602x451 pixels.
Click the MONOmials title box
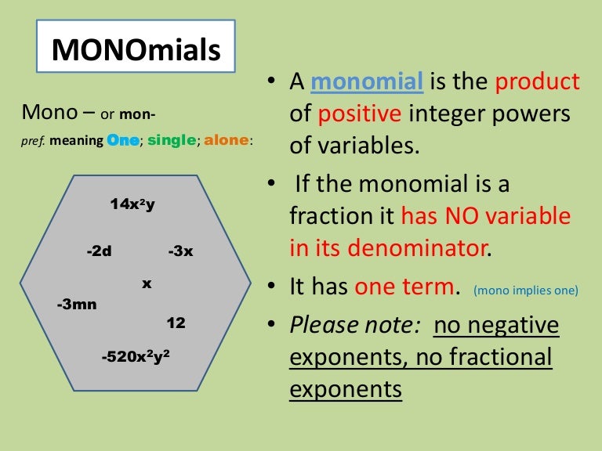[x=136, y=50]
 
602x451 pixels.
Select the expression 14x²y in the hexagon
[x=132, y=204]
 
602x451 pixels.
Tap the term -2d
[x=99, y=251]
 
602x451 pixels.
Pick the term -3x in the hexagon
[x=180, y=251]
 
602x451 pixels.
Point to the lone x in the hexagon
[x=147, y=283]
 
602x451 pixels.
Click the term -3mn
[x=77, y=304]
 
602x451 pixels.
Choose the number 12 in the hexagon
[x=176, y=323]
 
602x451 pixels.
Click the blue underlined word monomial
[x=368, y=81]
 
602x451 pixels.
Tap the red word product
[x=538, y=81]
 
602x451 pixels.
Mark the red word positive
[x=358, y=114]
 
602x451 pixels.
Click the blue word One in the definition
[x=123, y=140]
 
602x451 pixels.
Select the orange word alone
[x=227, y=140]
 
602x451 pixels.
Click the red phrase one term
[x=404, y=287]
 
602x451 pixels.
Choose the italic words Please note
[x=357, y=325]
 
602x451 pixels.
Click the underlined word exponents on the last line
[x=346, y=388]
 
